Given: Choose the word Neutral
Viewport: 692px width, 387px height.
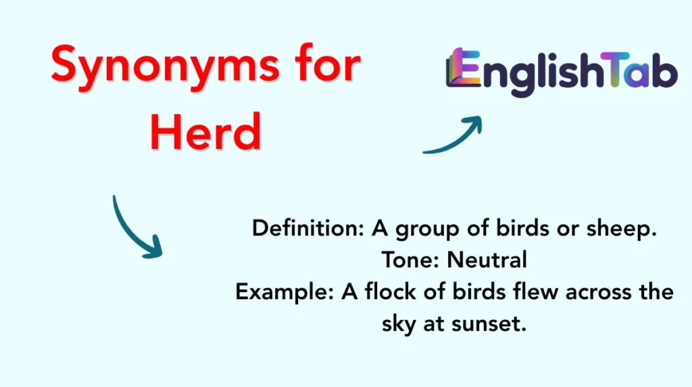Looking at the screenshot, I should pyautogui.click(x=485, y=260).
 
